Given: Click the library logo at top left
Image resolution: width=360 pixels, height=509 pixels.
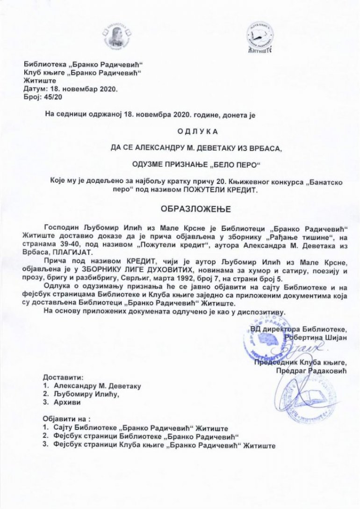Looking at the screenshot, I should [x=113, y=37].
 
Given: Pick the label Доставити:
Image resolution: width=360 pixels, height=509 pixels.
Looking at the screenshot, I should [x=64, y=377].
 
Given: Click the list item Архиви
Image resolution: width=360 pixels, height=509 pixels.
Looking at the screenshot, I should [x=67, y=402].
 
